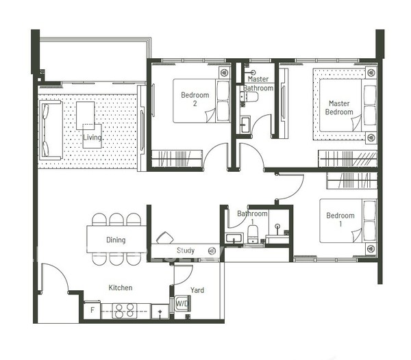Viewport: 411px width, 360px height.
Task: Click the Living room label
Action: tap(92, 138)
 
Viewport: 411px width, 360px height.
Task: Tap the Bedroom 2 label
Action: tap(195, 99)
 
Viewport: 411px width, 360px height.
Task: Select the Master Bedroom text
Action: tap(339, 107)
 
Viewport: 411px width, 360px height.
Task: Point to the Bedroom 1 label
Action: tap(340, 220)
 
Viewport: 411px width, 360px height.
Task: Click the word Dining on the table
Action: tap(116, 240)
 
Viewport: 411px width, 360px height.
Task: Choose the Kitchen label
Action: tap(121, 287)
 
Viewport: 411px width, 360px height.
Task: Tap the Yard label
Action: tap(197, 290)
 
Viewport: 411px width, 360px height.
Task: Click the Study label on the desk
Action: tap(186, 250)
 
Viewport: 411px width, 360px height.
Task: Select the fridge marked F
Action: tap(92, 310)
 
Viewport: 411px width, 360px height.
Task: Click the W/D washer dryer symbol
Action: tap(182, 303)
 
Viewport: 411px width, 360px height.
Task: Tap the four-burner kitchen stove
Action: tap(125, 311)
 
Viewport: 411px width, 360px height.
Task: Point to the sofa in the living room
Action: tap(51, 130)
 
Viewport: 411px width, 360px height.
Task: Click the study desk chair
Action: tap(164, 237)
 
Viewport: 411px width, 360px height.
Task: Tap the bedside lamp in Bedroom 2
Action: tap(224, 73)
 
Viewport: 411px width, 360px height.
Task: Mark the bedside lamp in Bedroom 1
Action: tap(371, 248)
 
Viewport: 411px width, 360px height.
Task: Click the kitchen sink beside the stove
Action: tap(160, 311)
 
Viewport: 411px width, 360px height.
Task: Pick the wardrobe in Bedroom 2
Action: tap(177, 158)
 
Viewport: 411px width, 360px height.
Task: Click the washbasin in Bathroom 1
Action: tap(234, 238)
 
